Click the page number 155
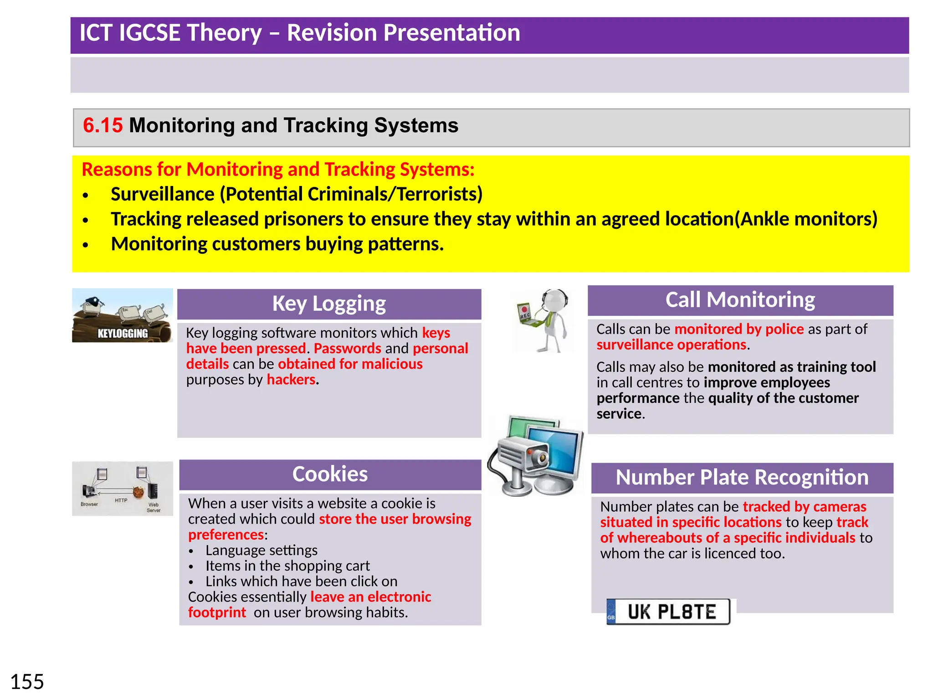27,682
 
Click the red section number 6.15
103,125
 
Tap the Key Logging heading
329,304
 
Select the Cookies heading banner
330,474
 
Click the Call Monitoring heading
740,300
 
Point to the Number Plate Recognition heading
742,478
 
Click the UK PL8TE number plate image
668,612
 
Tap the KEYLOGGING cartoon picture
123,315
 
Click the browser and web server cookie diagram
123,489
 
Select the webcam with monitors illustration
536,456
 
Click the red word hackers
291,380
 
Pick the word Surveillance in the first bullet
163,195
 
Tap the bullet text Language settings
261,551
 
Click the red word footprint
217,612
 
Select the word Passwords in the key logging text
347,349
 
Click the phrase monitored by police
739,329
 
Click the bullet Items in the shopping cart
287,566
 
